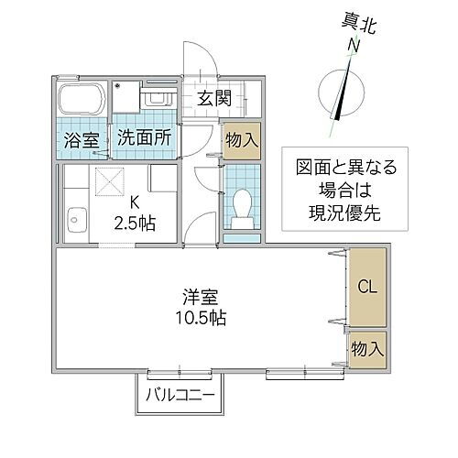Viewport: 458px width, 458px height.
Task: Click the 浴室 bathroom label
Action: pos(81,141)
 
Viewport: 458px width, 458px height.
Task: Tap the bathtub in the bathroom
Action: pos(82,100)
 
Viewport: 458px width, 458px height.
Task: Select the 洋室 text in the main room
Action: pos(200,298)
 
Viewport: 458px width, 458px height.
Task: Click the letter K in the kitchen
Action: pos(135,202)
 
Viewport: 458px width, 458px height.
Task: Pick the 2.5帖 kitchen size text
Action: pos(135,222)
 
